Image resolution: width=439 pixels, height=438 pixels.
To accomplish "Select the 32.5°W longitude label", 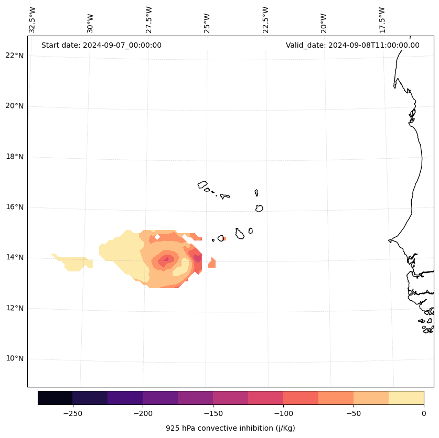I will coord(33,20).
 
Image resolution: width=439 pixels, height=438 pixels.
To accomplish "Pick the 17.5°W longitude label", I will coord(382,20).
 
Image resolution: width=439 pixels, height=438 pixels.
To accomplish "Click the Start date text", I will coord(101,45).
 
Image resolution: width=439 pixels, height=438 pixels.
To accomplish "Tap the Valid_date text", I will coord(352,45).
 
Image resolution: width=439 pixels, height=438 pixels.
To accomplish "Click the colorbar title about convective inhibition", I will coord(230,428).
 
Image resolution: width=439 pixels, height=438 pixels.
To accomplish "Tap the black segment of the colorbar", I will coord(55,398).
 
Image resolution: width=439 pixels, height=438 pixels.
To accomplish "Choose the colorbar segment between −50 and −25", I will coord(371,398).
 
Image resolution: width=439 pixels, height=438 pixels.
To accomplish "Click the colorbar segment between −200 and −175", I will coord(160,398).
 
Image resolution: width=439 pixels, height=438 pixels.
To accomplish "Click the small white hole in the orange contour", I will coord(157,237).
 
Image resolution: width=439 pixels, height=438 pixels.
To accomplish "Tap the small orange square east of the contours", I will coord(212,263).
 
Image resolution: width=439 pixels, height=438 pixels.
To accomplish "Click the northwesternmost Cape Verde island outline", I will coord(202,184).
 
